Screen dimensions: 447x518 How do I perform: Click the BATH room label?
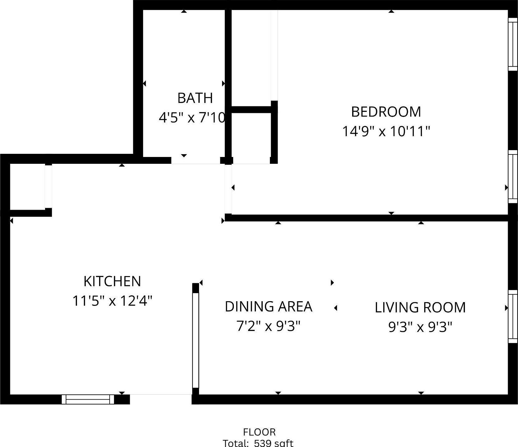click(x=195, y=98)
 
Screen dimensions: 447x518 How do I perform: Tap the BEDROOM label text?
click(x=386, y=112)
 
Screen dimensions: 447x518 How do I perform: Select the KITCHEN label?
click(x=112, y=281)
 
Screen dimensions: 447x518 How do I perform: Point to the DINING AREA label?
click(x=268, y=306)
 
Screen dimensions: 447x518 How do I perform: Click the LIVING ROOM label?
click(x=420, y=307)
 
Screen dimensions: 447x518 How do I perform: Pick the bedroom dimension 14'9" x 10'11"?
click(x=386, y=131)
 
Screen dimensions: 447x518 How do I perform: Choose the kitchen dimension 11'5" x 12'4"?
click(x=112, y=301)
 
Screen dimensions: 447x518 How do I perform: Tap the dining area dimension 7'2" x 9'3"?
click(x=268, y=326)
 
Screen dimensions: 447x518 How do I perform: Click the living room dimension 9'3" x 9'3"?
click(x=420, y=327)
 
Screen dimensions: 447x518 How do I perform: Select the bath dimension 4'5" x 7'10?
click(x=192, y=118)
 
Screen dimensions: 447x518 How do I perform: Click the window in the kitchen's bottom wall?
click(x=88, y=399)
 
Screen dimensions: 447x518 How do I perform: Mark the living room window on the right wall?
click(x=513, y=316)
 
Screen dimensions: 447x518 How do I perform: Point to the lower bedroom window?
click(x=513, y=177)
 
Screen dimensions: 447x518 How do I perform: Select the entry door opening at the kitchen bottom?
click(x=161, y=399)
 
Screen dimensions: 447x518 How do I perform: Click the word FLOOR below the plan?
click(x=259, y=432)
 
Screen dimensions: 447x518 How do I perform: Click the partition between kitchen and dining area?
click(x=195, y=340)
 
